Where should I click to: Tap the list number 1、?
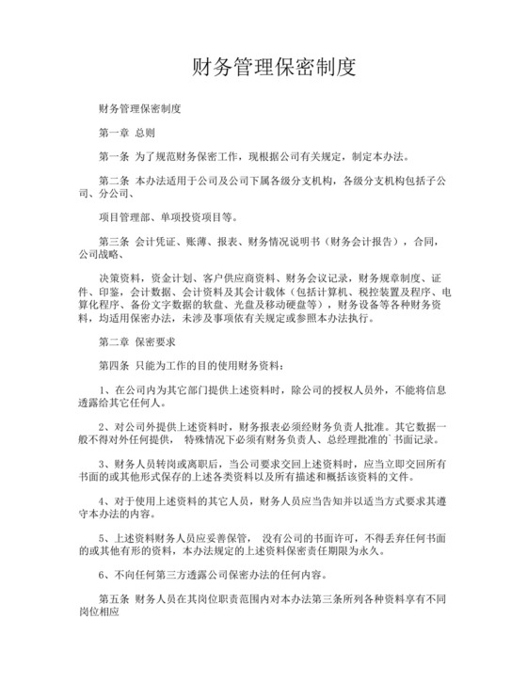[104, 389]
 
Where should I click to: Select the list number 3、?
[104, 464]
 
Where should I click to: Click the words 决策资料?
[120, 278]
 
